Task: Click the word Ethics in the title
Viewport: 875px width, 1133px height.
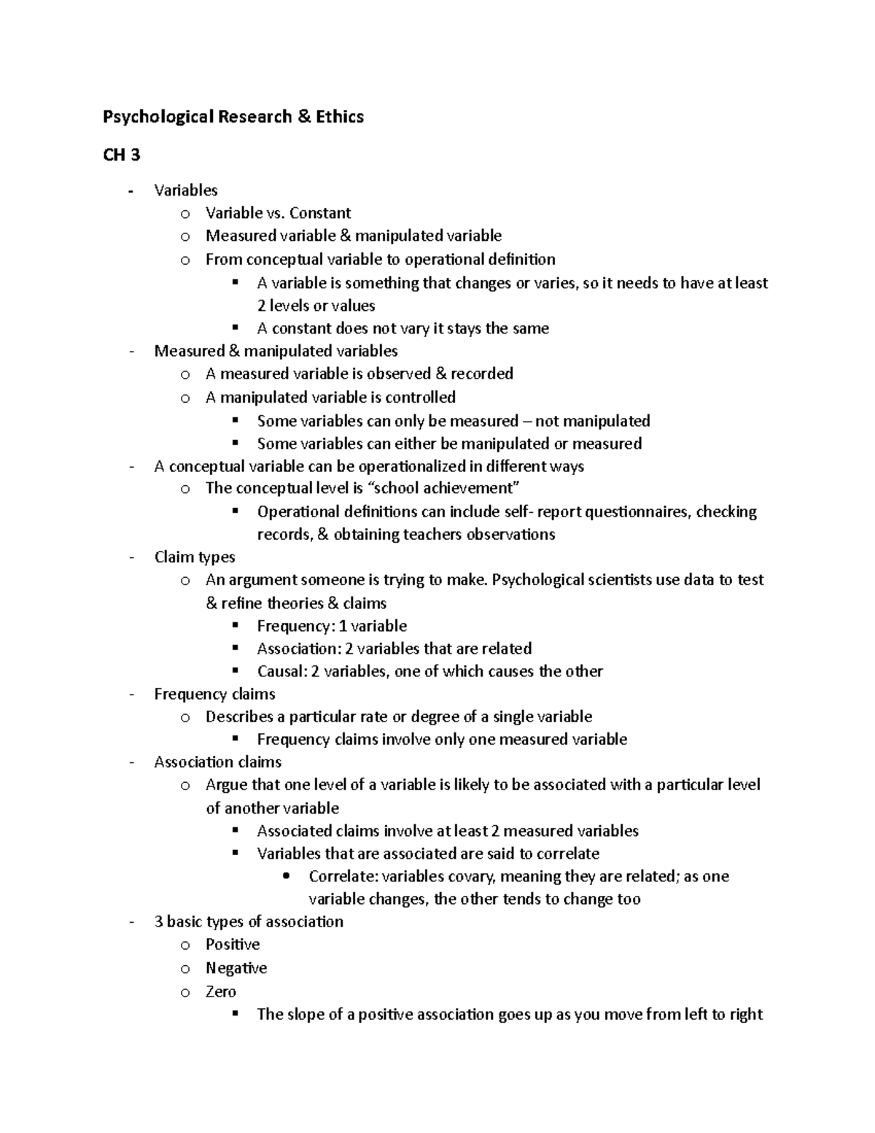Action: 340,117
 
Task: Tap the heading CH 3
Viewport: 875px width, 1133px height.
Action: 121,155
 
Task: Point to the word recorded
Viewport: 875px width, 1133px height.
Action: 482,374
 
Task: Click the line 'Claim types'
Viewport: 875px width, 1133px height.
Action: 195,557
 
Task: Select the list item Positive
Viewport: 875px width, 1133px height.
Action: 233,945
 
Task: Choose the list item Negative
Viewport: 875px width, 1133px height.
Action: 236,968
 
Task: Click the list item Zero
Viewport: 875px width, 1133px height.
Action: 221,991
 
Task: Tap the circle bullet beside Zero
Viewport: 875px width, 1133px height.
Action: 186,992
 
